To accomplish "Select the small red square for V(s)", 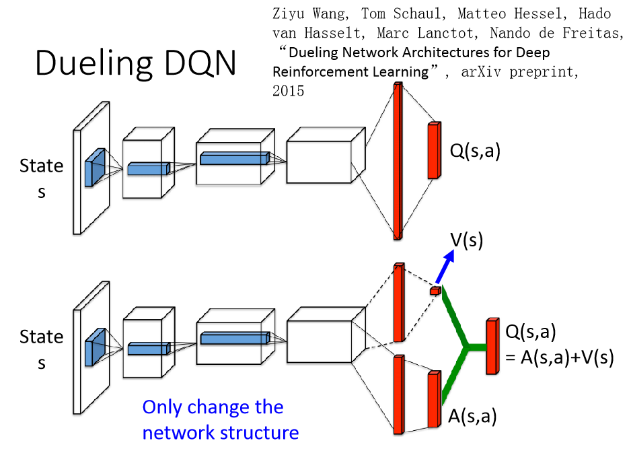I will (436, 291).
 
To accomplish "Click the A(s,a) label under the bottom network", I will (472, 417).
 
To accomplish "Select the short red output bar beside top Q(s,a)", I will (433, 150).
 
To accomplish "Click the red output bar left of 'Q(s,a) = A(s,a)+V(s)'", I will (492, 346).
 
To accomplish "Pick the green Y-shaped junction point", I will (466, 347).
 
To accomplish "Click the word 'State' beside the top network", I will (42, 166).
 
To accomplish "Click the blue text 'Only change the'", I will (213, 407).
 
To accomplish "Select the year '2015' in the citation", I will (289, 91).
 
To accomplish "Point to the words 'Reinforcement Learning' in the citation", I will (350, 71).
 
